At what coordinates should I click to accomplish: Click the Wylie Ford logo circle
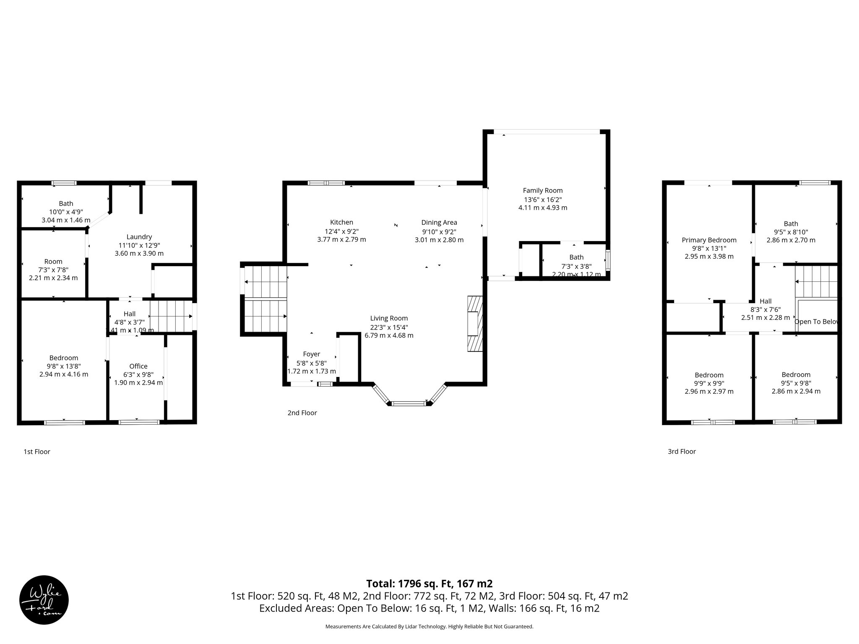pos(44,600)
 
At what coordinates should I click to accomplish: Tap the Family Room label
pos(543,190)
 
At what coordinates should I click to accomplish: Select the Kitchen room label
pos(341,222)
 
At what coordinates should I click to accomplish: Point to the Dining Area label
pos(439,222)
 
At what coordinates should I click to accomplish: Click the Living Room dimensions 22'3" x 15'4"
pos(389,327)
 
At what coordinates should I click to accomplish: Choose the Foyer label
pos(311,354)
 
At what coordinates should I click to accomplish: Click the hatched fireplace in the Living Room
pos(475,324)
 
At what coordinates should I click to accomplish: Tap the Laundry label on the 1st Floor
pos(139,237)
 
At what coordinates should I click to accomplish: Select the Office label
pos(138,366)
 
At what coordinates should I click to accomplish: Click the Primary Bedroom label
pos(709,240)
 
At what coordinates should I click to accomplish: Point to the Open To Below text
pos(816,322)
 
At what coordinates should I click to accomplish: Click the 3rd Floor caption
pos(682,452)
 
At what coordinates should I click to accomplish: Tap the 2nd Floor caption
pos(302,413)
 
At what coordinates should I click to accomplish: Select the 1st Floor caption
pos(37,452)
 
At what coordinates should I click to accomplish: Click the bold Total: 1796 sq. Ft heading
pos(429,584)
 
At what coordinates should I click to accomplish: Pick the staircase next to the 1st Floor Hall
pos(170,316)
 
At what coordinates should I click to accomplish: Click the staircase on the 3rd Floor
pos(816,282)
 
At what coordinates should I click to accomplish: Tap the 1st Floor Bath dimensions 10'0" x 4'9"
pos(66,212)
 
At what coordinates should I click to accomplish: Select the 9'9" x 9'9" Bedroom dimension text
pos(709,383)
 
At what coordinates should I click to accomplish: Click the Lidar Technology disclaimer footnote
pos(429,626)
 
